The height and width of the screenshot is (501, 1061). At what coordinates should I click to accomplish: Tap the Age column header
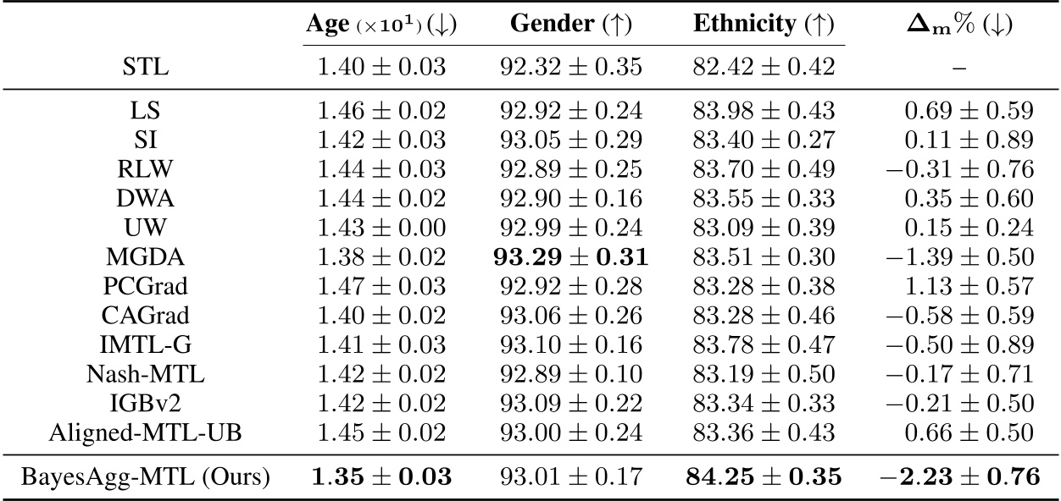381,25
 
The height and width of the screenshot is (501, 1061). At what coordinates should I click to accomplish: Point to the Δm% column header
960,25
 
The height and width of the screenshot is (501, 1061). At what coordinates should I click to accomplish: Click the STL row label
147,67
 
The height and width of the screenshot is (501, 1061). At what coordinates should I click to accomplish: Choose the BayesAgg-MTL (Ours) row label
147,477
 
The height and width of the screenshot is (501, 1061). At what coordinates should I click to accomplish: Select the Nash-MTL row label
147,375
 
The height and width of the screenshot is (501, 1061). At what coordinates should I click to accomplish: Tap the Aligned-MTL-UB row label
147,433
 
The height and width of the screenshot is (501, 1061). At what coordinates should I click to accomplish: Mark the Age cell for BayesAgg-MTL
382,477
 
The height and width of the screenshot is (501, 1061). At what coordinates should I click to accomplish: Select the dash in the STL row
960,67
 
